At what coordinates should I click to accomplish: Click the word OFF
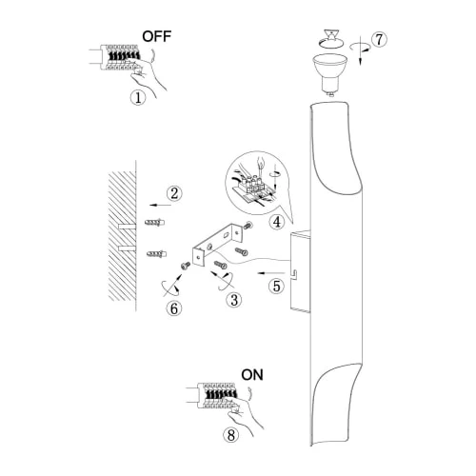point(157,36)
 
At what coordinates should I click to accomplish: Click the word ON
point(252,375)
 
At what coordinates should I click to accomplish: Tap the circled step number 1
point(138,97)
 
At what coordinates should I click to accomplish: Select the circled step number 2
point(174,193)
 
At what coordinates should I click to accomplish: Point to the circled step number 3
point(234,300)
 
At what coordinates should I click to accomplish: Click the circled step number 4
point(277,222)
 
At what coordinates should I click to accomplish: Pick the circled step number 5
point(277,286)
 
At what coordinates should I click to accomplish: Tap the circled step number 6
point(174,308)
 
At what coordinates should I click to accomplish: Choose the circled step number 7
point(379,40)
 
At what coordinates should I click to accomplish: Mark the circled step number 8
point(231,435)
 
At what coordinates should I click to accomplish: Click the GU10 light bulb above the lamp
point(330,74)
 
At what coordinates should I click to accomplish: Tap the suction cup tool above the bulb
point(331,39)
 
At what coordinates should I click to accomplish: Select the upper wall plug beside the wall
point(154,223)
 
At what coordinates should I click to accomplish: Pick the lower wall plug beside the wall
point(156,253)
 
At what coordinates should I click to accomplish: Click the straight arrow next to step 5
point(271,272)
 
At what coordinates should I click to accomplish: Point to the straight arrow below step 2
point(160,205)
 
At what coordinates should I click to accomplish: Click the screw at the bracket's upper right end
point(248,226)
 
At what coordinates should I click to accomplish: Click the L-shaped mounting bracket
point(216,244)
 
